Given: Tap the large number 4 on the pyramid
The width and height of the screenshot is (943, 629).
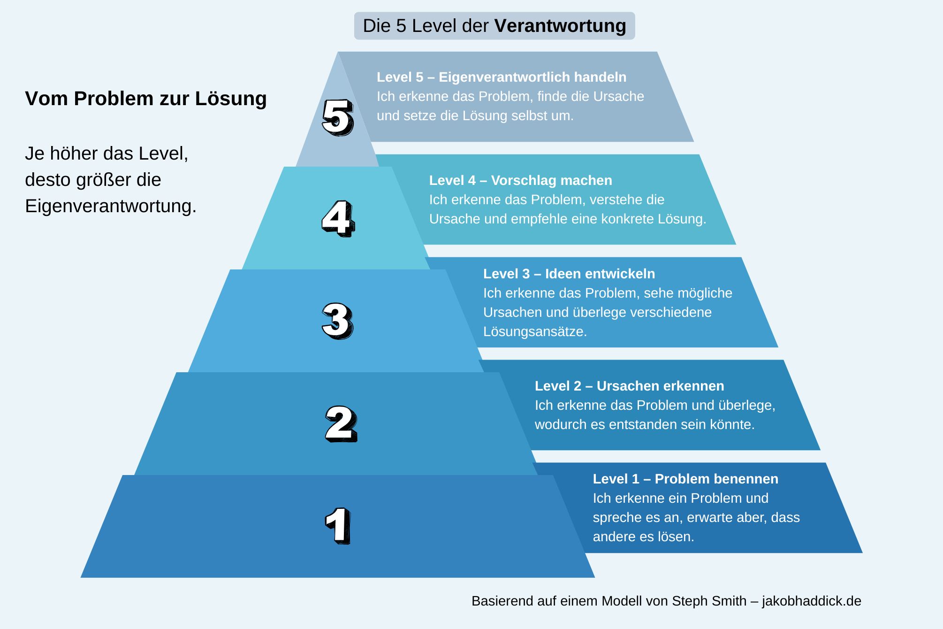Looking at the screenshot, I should (x=338, y=219).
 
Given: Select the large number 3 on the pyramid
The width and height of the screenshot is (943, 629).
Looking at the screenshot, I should (x=337, y=321).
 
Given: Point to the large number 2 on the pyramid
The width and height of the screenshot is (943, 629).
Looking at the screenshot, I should (x=341, y=424).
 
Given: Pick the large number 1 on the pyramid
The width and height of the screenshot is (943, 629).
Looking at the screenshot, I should (x=338, y=526).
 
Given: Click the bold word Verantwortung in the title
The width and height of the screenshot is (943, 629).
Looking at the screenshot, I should (x=560, y=26).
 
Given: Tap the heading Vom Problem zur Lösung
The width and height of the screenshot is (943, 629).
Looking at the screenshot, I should (x=146, y=99).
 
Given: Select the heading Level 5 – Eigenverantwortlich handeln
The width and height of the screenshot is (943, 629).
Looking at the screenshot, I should (x=501, y=77).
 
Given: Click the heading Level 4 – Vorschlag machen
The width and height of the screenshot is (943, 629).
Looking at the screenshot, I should (x=520, y=180).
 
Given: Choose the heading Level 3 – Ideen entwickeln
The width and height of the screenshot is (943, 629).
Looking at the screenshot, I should (x=569, y=274).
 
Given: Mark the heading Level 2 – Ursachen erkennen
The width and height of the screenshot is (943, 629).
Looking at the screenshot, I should (x=629, y=386).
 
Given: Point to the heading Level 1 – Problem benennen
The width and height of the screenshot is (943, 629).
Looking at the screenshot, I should (x=685, y=479).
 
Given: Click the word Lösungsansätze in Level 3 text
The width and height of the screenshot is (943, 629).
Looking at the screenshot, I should (x=534, y=331).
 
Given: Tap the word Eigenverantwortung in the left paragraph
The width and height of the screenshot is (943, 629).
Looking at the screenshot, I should (x=110, y=206).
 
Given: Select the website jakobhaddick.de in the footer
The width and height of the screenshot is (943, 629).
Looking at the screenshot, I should (x=811, y=601).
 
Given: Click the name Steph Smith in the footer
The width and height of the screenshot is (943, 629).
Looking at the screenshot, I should (x=709, y=601).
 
